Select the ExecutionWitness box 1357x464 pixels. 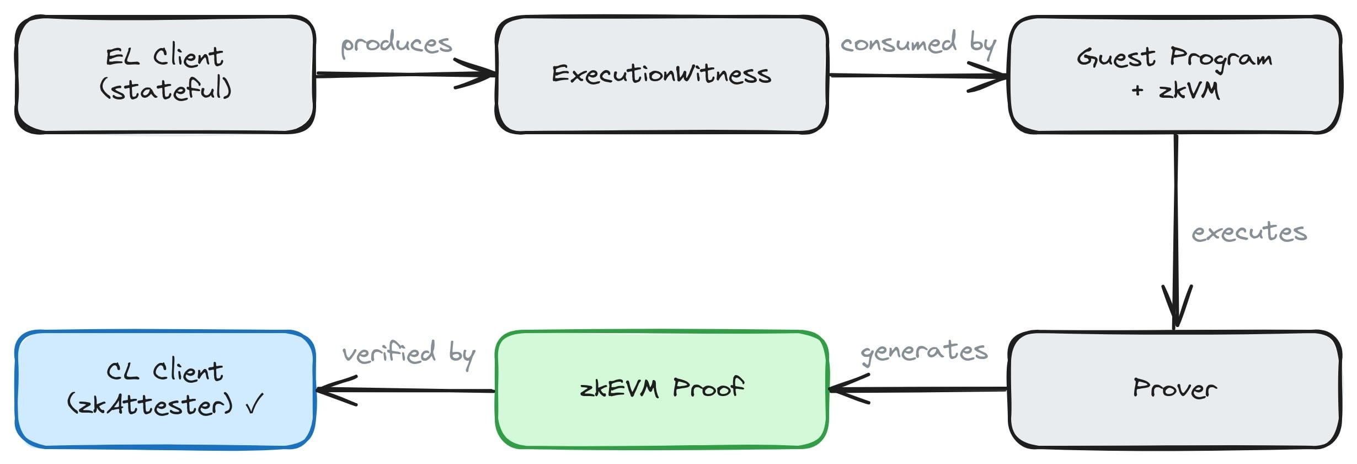tap(661, 75)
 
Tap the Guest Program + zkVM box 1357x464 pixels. tap(1174, 75)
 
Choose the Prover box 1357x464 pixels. tap(1174, 389)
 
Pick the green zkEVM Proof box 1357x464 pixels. tap(661, 389)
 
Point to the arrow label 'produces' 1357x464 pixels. tap(396, 44)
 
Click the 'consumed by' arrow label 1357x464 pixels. tap(918, 44)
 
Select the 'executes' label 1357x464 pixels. tap(1249, 232)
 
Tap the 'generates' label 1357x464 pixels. tap(924, 351)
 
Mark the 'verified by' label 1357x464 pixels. tap(408, 354)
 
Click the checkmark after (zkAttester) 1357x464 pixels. tap(255, 404)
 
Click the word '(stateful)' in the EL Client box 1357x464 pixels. tap(165, 89)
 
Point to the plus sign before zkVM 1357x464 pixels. tap(1137, 91)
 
